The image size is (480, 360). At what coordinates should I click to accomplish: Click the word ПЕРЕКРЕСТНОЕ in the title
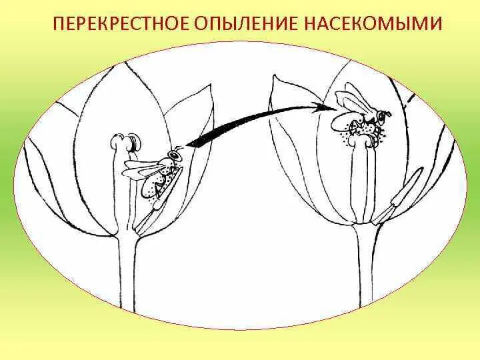(121, 25)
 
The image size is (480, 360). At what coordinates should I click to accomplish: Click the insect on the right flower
(361, 120)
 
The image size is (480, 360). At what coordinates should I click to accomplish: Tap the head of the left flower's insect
(175, 155)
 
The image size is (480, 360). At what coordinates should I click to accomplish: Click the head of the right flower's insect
(382, 117)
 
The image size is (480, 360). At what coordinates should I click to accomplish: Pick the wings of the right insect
(353, 100)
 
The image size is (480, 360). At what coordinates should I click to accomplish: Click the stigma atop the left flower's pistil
(125, 142)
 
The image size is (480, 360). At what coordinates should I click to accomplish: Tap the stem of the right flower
(366, 280)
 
